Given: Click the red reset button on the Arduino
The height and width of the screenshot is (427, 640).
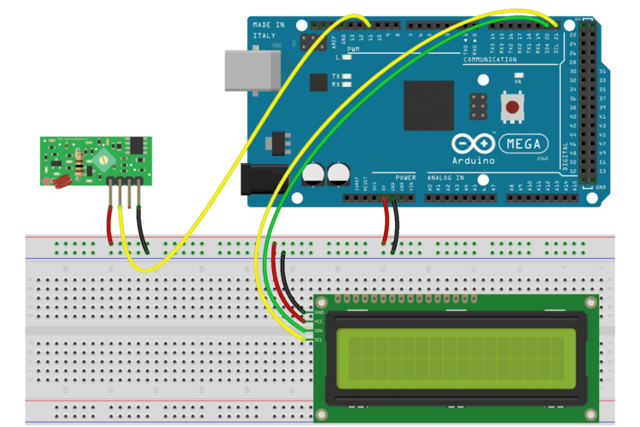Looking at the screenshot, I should (x=513, y=108).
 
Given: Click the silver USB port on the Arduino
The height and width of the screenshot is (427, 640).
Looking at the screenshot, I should (x=248, y=69).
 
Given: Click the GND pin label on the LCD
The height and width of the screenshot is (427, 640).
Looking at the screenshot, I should (x=319, y=313).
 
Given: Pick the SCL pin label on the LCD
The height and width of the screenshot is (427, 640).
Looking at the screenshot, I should (x=319, y=339).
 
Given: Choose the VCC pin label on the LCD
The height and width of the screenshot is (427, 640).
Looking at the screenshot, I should (x=319, y=321).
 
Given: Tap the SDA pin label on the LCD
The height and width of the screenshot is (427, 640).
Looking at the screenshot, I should (x=319, y=330).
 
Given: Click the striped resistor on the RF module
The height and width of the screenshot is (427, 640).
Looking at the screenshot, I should (x=81, y=162).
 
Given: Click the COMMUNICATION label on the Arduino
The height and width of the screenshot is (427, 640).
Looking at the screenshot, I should (x=490, y=60).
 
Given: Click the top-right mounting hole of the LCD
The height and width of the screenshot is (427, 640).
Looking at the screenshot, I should (x=588, y=304).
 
